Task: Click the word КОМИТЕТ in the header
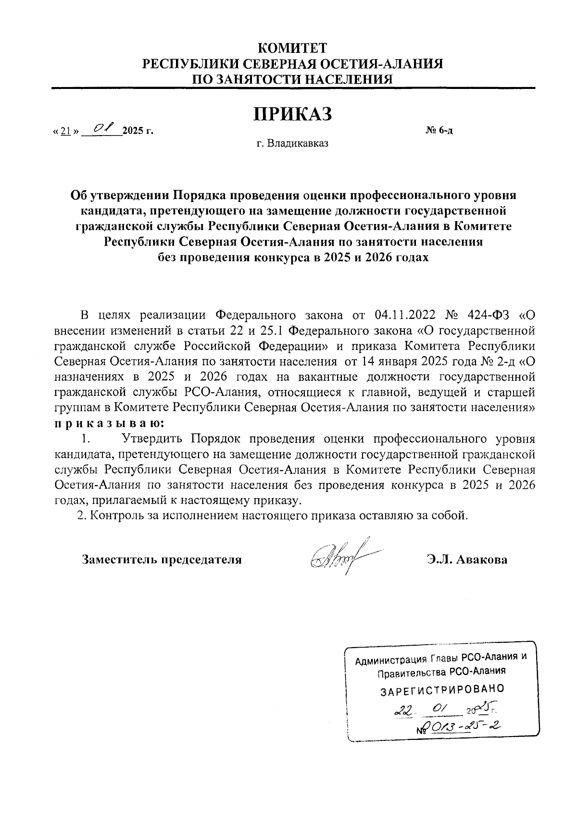(292, 49)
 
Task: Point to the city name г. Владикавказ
(292, 143)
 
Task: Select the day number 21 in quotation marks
(67, 131)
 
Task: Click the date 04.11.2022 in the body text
(404, 315)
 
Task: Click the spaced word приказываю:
(109, 424)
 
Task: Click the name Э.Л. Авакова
(466, 560)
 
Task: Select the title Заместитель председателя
(162, 560)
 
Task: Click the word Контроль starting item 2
(113, 516)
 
